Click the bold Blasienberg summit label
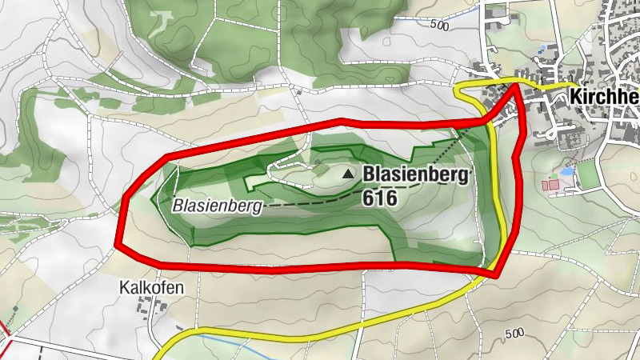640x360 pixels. [x=417, y=174]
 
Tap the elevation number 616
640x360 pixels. [x=379, y=197]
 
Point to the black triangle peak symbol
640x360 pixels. [x=348, y=174]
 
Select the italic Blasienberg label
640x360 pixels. [x=218, y=206]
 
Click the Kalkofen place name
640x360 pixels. [x=146, y=286]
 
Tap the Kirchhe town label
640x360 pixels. [x=604, y=97]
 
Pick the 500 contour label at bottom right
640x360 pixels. [x=514, y=333]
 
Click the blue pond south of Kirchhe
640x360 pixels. [x=567, y=171]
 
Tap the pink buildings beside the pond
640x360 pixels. [x=551, y=186]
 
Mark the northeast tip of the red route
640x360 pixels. [x=515, y=84]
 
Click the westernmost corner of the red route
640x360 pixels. [x=118, y=244]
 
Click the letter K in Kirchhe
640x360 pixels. [x=576, y=97]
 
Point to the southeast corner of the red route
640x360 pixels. [x=494, y=274]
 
